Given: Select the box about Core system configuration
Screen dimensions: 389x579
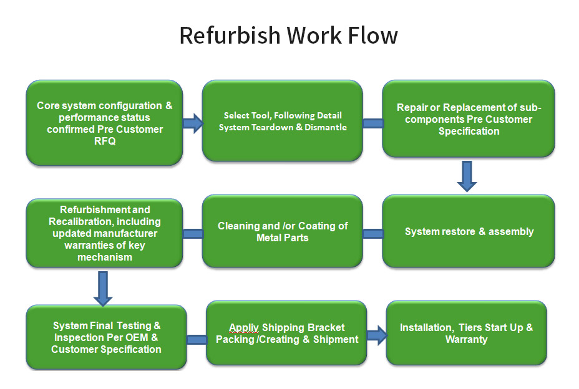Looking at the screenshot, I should tap(104, 122).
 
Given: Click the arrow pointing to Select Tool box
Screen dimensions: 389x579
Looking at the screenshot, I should tap(193, 123).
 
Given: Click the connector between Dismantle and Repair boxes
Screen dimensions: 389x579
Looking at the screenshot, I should tap(372, 123).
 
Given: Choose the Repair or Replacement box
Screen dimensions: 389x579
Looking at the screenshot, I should tap(469, 118).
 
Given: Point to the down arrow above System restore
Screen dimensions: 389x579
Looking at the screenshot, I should tap(467, 176).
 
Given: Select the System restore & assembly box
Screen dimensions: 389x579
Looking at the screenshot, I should tap(469, 231).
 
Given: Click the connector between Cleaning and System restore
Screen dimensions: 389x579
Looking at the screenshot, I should tap(372, 234).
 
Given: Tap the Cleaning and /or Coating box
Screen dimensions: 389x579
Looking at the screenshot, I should tap(282, 231).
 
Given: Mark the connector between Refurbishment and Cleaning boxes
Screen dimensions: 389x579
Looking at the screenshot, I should tap(193, 234).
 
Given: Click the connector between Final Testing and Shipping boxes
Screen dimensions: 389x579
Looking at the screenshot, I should tap(197, 340).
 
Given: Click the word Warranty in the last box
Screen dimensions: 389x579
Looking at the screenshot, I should tap(467, 339).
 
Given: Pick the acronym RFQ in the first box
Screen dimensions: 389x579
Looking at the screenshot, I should tap(105, 141).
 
